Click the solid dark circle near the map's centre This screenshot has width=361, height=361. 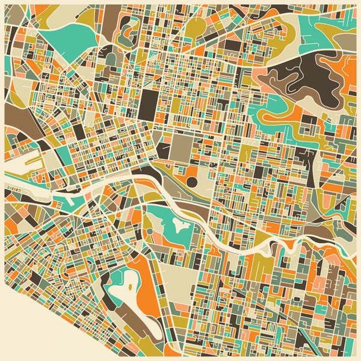click(192, 181)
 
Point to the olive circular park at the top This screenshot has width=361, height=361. click(196, 26)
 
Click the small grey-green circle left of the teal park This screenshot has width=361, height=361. click(148, 232)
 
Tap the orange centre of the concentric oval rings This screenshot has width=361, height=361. click(128, 27)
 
